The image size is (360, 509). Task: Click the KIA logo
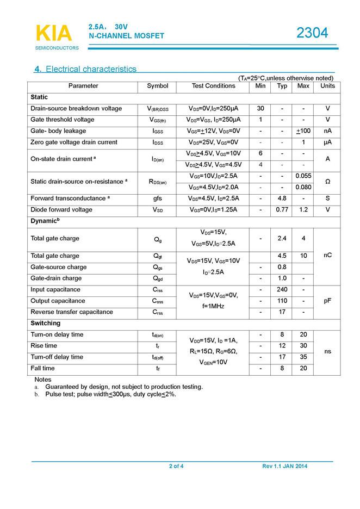pos(53,34)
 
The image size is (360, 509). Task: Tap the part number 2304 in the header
pos(312,33)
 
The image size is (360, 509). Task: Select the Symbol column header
pos(158,86)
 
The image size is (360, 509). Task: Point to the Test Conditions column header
pos(214,86)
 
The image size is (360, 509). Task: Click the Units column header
pos(327,86)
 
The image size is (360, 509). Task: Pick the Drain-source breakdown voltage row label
pos(76,109)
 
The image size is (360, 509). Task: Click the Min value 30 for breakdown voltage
pos(260,109)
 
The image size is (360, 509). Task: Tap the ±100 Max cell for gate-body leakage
pos(303,131)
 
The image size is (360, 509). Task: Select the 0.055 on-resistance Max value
pos(303,176)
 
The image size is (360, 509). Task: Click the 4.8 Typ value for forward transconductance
pos(282,198)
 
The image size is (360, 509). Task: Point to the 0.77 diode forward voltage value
pos(282,210)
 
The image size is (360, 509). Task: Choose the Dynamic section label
pos(44,221)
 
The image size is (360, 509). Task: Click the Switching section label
pos(45,324)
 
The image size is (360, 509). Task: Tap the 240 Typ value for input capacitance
pos(282,290)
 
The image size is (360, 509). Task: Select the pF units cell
pos(327,301)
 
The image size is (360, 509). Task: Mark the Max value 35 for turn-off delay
pos(303,357)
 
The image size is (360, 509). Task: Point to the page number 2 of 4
pos(176,467)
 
